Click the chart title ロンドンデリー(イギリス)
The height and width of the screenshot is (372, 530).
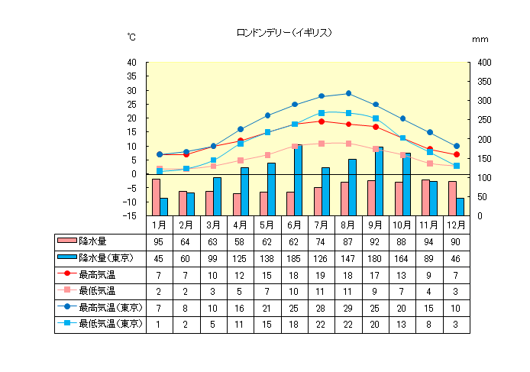click(x=284, y=33)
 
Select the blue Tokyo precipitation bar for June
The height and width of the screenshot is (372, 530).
click(x=299, y=180)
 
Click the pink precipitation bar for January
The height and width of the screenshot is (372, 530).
click(x=156, y=197)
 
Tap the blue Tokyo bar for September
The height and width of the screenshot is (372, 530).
click(x=380, y=182)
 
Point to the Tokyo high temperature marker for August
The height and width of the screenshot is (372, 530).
click(x=348, y=93)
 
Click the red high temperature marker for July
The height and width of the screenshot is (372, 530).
click(x=322, y=121)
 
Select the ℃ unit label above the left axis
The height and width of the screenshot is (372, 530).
click(x=131, y=37)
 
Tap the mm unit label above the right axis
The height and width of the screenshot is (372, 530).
click(x=480, y=38)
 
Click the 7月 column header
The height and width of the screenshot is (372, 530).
click(x=322, y=225)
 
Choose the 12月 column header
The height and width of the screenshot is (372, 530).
click(x=457, y=225)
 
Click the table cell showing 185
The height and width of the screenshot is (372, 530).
click(x=294, y=258)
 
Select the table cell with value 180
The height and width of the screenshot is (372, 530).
click(x=375, y=258)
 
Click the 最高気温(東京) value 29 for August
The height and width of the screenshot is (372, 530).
click(x=348, y=307)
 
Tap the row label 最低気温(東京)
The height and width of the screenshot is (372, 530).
click(x=111, y=324)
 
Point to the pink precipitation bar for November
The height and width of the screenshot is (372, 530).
click(x=425, y=197)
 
